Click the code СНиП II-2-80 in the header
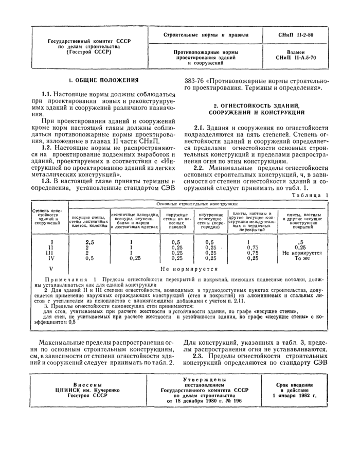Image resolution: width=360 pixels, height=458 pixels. click(x=293, y=35)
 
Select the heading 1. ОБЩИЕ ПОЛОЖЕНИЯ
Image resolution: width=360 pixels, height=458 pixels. click(x=104, y=80)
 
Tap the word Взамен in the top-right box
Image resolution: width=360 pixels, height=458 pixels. click(x=293, y=52)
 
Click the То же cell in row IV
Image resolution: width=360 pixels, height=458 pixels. click(x=302, y=258)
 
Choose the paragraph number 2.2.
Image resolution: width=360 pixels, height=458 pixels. click(x=200, y=167)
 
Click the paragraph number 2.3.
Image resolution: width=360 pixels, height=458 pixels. click(x=200, y=356)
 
